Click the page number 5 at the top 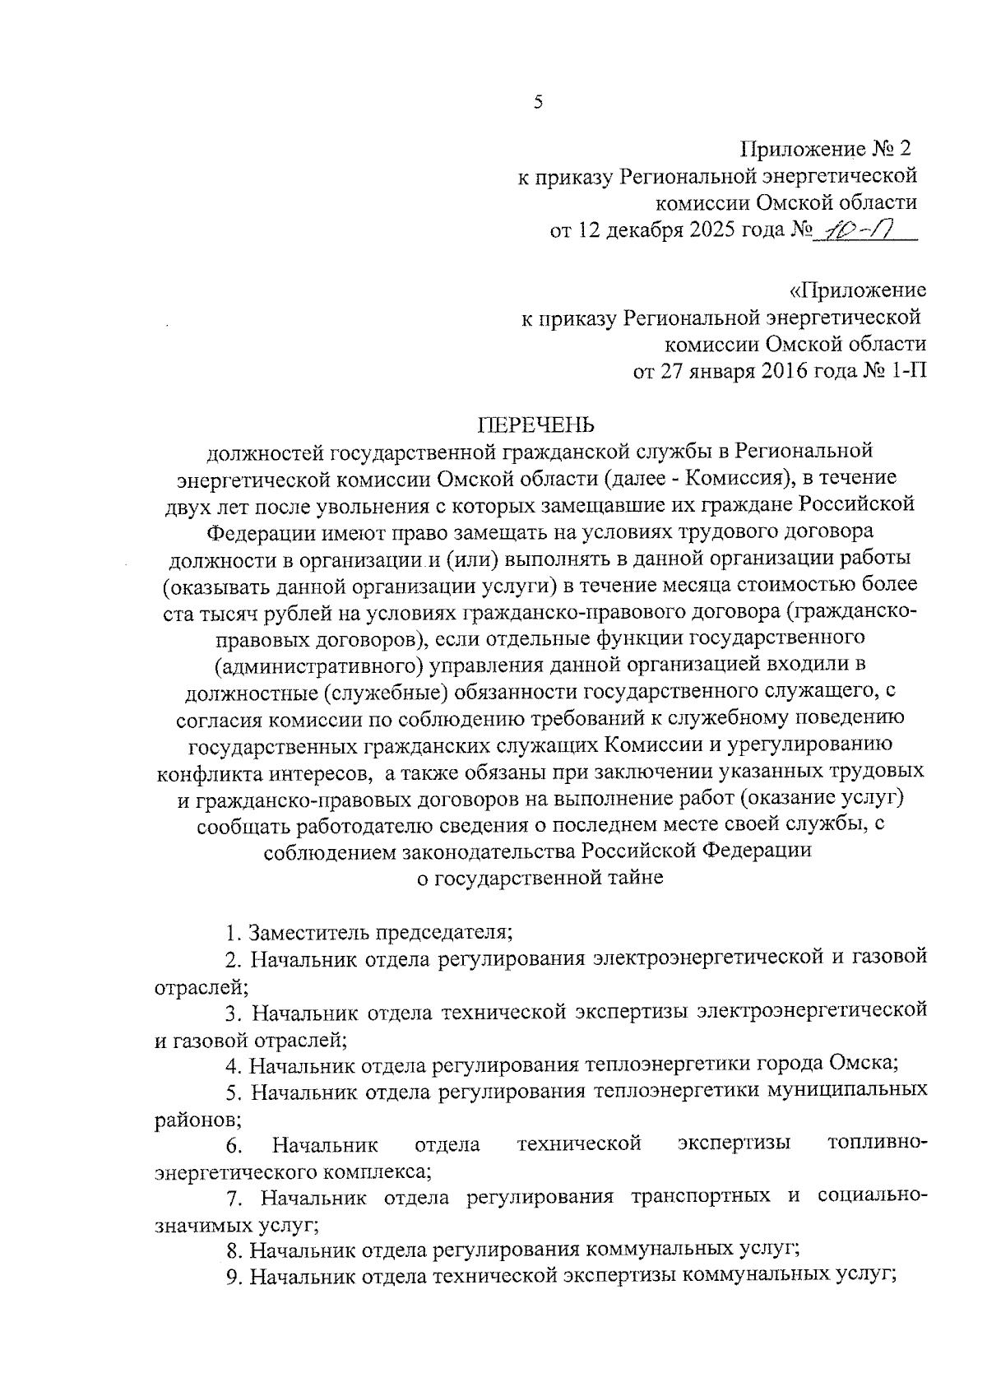[x=538, y=102]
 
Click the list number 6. [x=234, y=1146]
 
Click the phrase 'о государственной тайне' [x=539, y=878]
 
